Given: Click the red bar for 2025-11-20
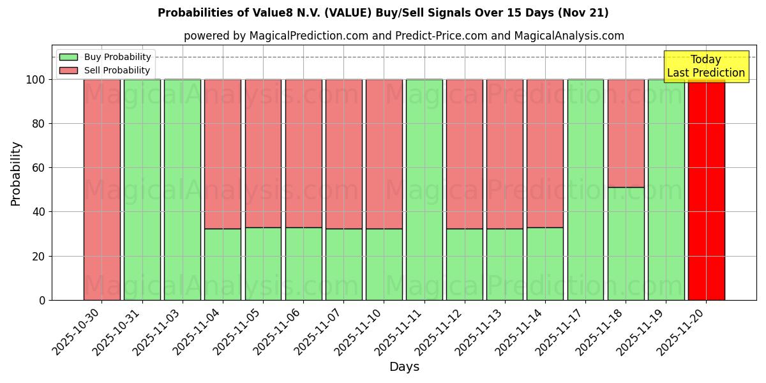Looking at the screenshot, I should [x=706, y=190].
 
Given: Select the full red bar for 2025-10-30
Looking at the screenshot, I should [x=102, y=190].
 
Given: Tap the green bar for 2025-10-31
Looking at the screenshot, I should [x=142, y=190].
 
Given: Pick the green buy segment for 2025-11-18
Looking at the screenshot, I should [x=626, y=243].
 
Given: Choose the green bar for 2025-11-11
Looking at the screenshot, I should [x=424, y=190].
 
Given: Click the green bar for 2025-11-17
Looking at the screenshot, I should [x=585, y=190].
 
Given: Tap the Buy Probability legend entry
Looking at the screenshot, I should [x=105, y=57].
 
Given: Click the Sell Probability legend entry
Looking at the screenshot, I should [x=105, y=70].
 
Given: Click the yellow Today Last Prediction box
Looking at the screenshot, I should [x=705, y=66].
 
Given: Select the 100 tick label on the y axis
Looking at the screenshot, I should [x=36, y=80].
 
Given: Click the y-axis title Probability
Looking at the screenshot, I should [x=16, y=173].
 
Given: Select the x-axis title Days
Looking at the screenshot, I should [x=404, y=367].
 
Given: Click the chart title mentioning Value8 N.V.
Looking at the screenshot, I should [x=383, y=13].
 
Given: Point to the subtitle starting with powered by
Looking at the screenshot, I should [x=404, y=36].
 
